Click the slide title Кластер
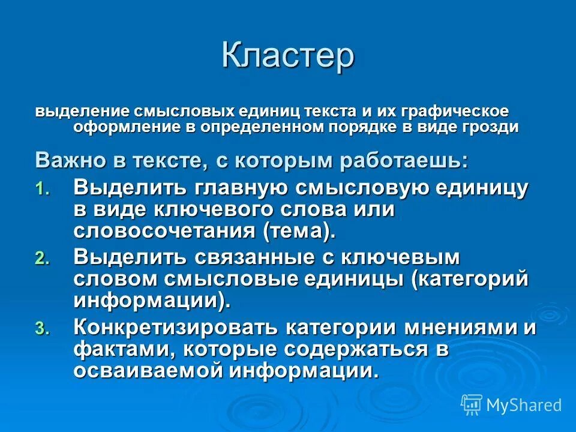[x=287, y=55]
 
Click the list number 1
[x=40, y=190]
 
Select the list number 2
[x=40, y=259]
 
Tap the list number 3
[x=40, y=328]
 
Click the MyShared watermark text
[x=524, y=405]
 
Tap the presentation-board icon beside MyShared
[x=472, y=405]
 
